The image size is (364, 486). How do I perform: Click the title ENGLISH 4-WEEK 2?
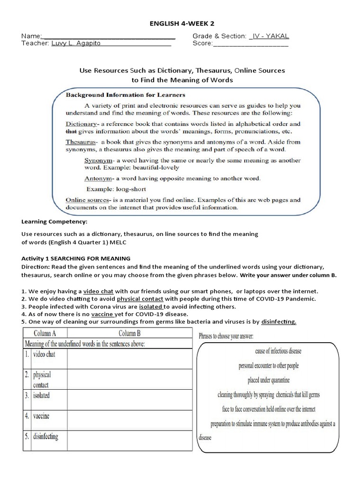click(x=182, y=23)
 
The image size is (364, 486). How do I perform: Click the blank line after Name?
click(x=109, y=37)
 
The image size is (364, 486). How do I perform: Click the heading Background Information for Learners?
click(x=125, y=95)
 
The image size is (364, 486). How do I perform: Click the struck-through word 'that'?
click(x=71, y=131)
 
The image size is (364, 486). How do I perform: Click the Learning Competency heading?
click(x=55, y=222)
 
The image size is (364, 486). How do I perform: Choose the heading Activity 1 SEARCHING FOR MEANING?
click(x=76, y=258)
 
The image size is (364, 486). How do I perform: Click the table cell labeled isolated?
click(x=41, y=395)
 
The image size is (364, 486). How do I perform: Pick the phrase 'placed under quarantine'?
click(x=268, y=380)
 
